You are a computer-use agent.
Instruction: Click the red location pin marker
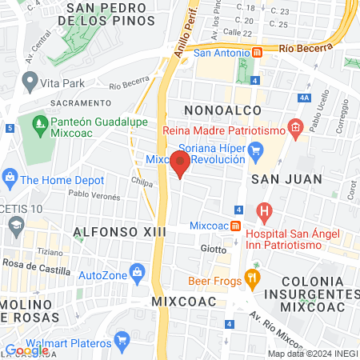tap(180, 163)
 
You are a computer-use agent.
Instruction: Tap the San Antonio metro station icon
tap(258, 53)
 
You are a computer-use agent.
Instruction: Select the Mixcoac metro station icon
tap(235, 226)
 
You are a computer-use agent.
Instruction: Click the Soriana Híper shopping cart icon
tap(256, 149)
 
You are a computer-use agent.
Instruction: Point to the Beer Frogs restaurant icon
tap(252, 280)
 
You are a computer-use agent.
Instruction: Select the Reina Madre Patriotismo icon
tap(295, 126)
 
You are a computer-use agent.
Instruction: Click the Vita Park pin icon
tap(30, 82)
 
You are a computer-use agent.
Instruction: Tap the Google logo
tap(27, 350)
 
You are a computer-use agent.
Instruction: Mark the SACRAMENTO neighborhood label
tap(80, 102)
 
